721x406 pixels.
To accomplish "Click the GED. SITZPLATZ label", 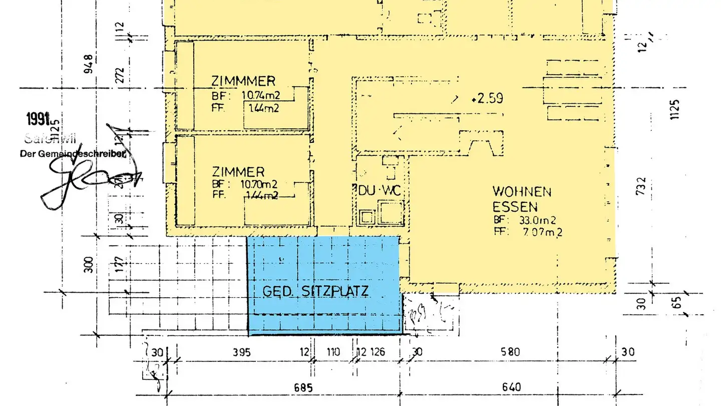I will tap(315, 291).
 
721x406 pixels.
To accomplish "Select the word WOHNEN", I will tap(522, 191).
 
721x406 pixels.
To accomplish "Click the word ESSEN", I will tap(515, 207).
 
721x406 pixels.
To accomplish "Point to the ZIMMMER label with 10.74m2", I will tap(243, 81).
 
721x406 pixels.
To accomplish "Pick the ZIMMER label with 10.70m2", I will tap(238, 172).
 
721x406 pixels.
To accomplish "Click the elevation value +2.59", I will tap(487, 98).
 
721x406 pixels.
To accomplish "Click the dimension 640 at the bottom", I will tap(510, 387).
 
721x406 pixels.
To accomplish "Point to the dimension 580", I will tap(510, 352).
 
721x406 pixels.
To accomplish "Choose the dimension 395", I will tap(241, 352).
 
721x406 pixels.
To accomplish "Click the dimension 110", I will tap(333, 352).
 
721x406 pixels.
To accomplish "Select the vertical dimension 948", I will tap(90, 64).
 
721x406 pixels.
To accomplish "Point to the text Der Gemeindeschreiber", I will tap(73, 154).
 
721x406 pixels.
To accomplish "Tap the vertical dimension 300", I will tap(90, 264).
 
